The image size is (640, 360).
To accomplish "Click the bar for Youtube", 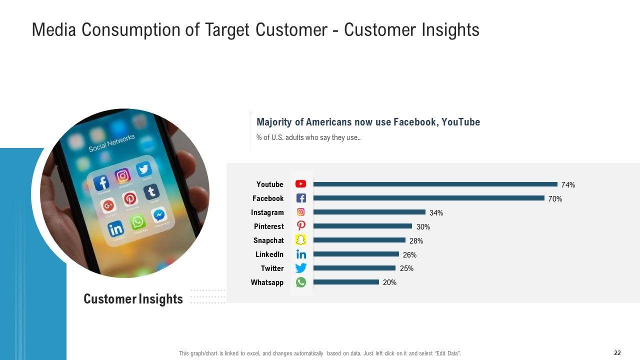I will [435, 184].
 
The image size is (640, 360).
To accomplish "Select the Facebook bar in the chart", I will [428, 198].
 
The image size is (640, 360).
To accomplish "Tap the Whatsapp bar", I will [346, 282].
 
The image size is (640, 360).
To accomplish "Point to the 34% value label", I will [436, 213].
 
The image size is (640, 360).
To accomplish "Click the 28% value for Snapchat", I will [416, 241].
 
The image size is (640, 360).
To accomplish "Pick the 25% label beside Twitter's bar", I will [406, 268].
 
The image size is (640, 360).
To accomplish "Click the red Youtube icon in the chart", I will [300, 184].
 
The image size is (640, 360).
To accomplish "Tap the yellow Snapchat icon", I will [300, 240].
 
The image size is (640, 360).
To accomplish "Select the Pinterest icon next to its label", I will [300, 226].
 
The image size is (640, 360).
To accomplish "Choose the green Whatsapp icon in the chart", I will [300, 282].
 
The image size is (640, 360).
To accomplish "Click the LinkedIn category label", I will [269, 254].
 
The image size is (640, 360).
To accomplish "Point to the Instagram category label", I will [267, 212].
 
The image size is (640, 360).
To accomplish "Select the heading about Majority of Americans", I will [368, 122].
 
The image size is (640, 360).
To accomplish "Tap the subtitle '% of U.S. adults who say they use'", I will [308, 138].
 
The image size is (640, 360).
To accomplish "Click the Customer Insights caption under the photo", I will [133, 299].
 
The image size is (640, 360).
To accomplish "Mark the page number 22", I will [617, 353].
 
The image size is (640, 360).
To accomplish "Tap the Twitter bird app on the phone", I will [144, 170].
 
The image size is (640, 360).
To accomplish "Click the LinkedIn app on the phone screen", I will [116, 229].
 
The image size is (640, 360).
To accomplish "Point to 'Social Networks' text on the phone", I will [111, 143].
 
